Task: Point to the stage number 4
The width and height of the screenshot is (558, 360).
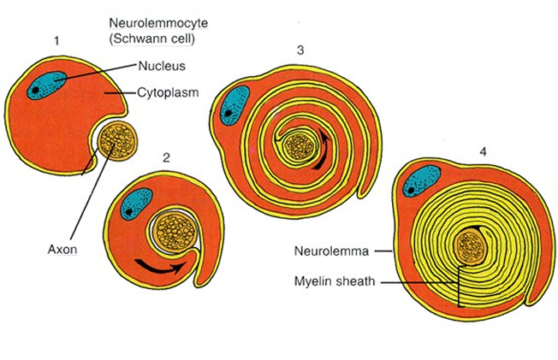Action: point(484,151)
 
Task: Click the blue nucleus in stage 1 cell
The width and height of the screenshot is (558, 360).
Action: point(46,86)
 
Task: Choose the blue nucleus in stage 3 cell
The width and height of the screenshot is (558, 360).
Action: point(234,103)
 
